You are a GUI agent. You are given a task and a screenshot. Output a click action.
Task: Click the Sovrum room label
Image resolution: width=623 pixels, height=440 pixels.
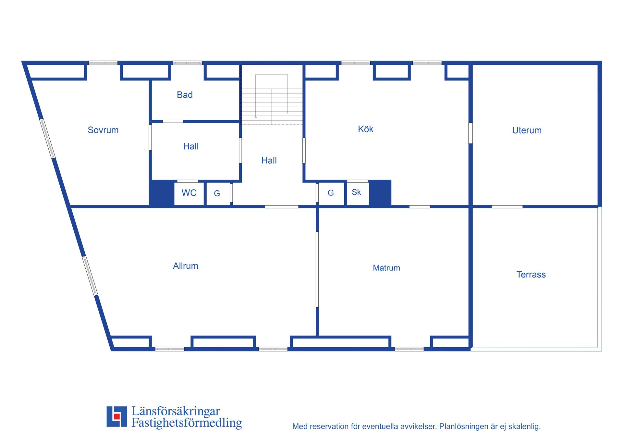pyautogui.click(x=103, y=130)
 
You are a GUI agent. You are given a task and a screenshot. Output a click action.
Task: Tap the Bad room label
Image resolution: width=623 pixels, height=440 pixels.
pyautogui.click(x=185, y=95)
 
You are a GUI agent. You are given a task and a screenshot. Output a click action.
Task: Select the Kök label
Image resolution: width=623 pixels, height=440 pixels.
pyautogui.click(x=366, y=129)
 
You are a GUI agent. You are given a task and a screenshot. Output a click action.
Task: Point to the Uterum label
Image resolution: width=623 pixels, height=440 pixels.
pyautogui.click(x=527, y=130)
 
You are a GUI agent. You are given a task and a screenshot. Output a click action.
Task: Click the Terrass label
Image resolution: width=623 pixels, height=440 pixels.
pyautogui.click(x=531, y=275)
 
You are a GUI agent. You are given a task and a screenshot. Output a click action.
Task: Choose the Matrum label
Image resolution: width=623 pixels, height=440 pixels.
pyautogui.click(x=386, y=268)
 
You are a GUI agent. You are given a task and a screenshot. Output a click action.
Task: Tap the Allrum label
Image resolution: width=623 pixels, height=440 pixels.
pyautogui.click(x=186, y=266)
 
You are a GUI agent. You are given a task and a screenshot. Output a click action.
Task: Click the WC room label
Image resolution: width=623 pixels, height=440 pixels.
pyautogui.click(x=189, y=193)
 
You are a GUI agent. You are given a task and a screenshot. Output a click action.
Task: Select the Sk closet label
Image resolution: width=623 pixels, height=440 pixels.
pyautogui.click(x=356, y=192)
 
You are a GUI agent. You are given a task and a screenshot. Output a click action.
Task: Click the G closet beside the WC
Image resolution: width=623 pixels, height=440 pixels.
pyautogui.click(x=217, y=194)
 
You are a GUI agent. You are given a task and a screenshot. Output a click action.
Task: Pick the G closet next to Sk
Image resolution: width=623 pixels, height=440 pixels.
pyautogui.click(x=331, y=193)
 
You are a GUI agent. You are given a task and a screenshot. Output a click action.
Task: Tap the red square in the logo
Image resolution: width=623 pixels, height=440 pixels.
pyautogui.click(x=117, y=416)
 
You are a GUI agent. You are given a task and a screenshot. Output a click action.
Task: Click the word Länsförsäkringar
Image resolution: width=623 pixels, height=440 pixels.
pyautogui.click(x=176, y=411)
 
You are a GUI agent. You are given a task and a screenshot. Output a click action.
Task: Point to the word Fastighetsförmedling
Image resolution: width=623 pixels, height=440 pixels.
pyautogui.click(x=187, y=423)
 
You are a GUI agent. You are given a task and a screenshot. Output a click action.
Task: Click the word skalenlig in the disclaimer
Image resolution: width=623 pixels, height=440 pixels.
pyautogui.click(x=524, y=426)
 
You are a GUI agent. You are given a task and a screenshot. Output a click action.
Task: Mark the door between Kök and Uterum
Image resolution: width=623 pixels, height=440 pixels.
pyautogui.click(x=470, y=133)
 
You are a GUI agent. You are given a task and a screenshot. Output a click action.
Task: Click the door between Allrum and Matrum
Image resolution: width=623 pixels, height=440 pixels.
pyautogui.click(x=317, y=269)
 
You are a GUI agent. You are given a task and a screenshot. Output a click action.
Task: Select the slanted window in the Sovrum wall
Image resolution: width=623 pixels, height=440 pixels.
pyautogui.click(x=47, y=138)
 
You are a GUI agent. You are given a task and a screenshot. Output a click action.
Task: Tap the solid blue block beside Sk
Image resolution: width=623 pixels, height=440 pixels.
pyautogui.click(x=380, y=193)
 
